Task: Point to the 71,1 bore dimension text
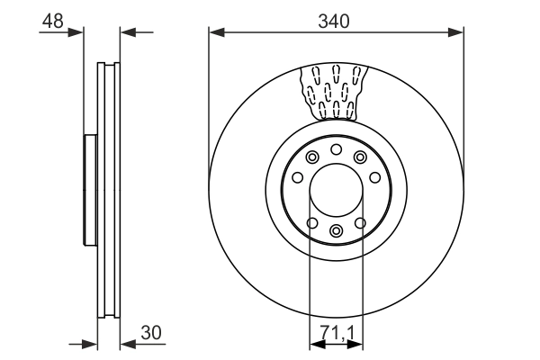[337, 332]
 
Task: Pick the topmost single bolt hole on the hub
[336, 149]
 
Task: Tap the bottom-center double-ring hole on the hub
[336, 232]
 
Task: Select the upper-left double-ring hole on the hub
[312, 158]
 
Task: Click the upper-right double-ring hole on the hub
[360, 158]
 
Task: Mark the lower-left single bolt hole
[312, 223]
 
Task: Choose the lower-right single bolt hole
[360, 223]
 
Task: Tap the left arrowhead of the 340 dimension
[216, 33]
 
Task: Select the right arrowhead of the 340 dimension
[457, 33]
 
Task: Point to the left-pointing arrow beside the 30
[127, 343]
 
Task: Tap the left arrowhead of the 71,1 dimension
[315, 344]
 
